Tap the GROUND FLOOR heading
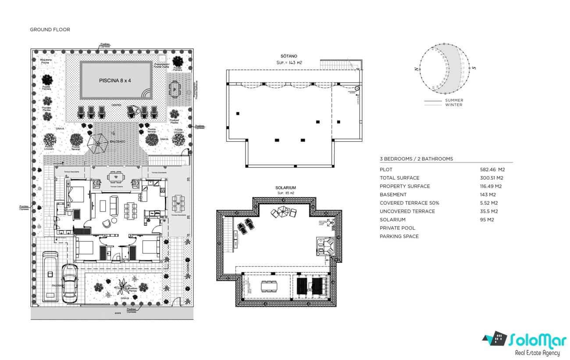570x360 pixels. click(50, 30)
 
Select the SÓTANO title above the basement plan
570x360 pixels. click(289, 56)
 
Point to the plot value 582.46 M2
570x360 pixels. click(492, 170)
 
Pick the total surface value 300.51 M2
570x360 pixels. click(492, 178)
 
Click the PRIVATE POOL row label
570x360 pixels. click(397, 228)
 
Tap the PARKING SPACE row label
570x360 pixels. click(399, 236)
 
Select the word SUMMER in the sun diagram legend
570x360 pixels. click(454, 100)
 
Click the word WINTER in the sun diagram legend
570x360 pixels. click(453, 105)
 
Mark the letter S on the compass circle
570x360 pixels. click(474, 68)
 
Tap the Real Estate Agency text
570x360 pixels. click(537, 353)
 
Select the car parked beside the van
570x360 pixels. click(70, 283)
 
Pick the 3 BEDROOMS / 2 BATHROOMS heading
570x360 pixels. click(416, 159)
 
